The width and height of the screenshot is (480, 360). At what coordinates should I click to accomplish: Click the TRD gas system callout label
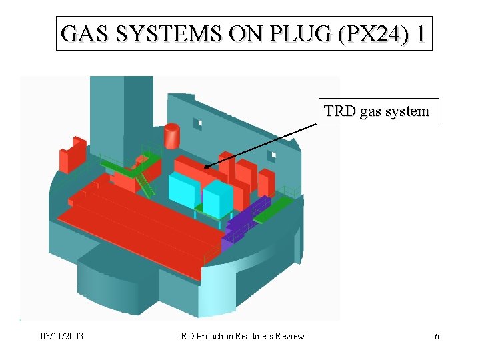[376, 111]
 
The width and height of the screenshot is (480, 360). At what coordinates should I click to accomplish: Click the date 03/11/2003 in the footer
[61, 336]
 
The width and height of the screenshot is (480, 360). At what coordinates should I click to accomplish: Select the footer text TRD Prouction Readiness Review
[240, 336]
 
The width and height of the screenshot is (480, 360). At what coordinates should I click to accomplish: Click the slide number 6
[437, 336]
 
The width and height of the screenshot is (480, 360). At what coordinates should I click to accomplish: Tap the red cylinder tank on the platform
[172, 136]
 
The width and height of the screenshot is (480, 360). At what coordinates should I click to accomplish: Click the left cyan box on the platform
[184, 189]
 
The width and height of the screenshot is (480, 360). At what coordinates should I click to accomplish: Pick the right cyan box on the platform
[217, 198]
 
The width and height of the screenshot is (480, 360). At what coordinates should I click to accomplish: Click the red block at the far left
[72, 154]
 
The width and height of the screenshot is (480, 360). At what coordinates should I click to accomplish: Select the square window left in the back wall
[197, 124]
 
